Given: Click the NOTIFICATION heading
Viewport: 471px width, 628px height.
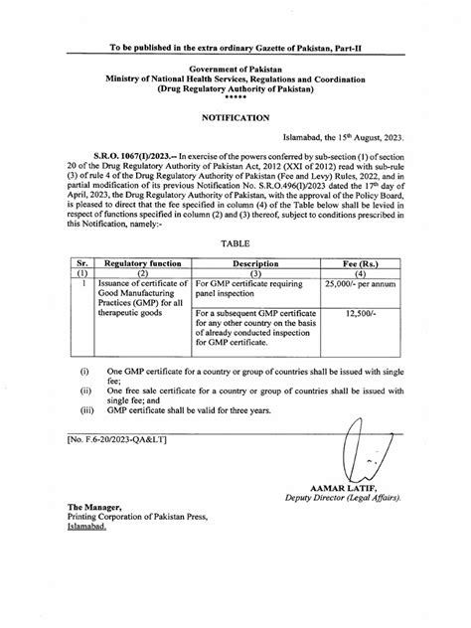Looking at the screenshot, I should coord(235,117).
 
